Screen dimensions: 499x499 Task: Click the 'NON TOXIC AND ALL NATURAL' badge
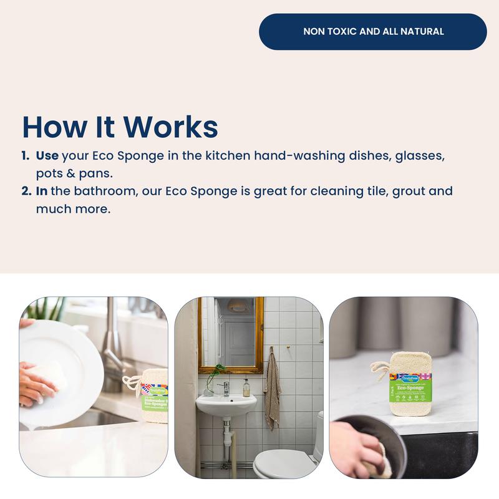click(373, 31)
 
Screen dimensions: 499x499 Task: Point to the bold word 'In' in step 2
click(42, 191)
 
